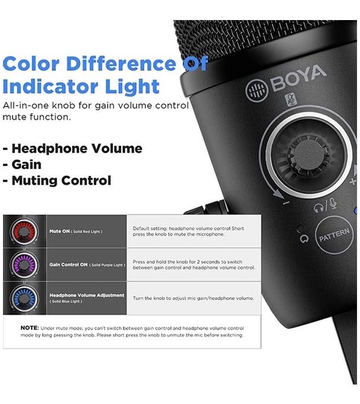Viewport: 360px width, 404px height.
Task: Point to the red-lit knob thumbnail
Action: click(x=24, y=231)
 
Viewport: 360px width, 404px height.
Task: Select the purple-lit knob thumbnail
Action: click(x=24, y=264)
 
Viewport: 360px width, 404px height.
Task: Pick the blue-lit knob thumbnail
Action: click(x=24, y=297)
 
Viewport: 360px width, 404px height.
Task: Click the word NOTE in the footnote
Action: click(x=30, y=328)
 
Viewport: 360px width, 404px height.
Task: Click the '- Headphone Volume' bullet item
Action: click(x=72, y=149)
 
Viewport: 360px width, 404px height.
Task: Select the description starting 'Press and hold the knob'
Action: click(x=193, y=264)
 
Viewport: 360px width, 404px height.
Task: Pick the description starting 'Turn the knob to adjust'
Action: click(x=193, y=298)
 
